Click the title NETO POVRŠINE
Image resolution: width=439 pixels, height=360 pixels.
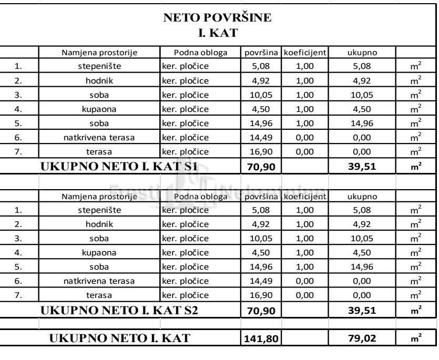218,17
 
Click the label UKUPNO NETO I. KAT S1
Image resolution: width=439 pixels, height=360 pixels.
119,166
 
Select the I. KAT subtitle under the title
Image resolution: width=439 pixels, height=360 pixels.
218,33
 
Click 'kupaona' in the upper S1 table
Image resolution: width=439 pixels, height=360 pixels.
99,109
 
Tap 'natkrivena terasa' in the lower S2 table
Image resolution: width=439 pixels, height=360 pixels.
99,281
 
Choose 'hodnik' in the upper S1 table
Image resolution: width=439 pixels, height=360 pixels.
99,81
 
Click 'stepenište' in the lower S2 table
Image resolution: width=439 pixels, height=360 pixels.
99,210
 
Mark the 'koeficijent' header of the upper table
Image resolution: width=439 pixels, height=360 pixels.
304,53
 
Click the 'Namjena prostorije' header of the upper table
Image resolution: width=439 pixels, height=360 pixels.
99,53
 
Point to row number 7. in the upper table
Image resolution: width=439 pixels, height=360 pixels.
19,152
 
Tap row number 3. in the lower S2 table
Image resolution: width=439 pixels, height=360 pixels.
19,239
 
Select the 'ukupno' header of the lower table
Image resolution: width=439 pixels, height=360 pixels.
361,197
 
